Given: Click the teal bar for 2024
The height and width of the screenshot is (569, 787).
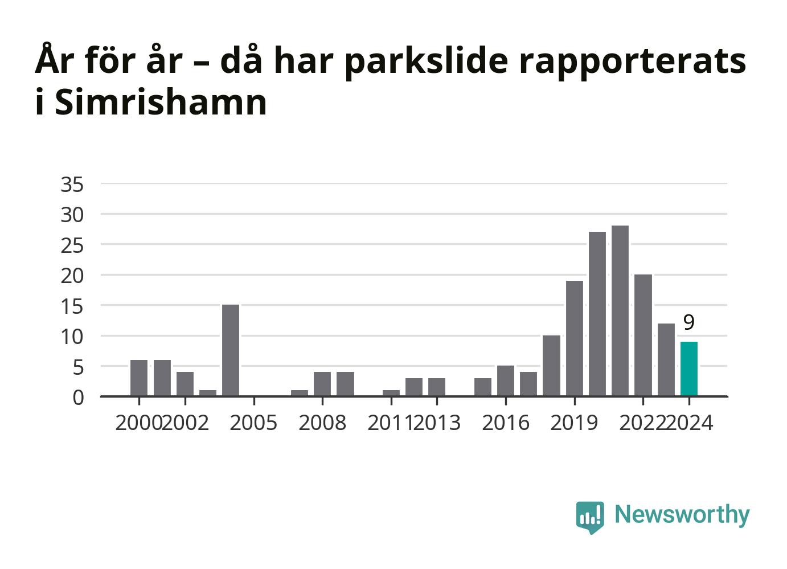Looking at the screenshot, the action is pos(689,369).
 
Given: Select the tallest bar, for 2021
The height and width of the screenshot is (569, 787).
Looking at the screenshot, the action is pos(620,310).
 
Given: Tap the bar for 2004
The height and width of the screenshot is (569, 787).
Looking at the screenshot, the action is pos(231,350).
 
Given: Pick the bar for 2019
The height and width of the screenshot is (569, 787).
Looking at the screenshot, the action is pos(575,338).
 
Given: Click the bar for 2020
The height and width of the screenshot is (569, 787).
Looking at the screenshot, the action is pos(597,314).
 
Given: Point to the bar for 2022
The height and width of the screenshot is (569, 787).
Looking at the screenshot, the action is pos(643,335).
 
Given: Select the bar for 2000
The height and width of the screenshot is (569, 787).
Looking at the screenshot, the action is pos(139,378).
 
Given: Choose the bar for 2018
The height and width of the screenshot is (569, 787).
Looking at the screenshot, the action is pos(551,366).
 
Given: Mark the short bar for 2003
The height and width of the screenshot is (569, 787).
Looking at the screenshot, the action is pos(208,393).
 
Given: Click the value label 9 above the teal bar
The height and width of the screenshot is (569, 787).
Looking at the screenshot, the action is pos(689,322).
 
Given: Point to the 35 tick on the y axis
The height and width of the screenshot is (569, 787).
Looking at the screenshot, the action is pos(72,185).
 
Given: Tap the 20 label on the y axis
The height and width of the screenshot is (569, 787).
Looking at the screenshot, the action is pos(72,276).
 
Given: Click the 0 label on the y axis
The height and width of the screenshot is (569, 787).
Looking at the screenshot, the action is pos(79,398).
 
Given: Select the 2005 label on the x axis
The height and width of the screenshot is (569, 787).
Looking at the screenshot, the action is pos(253,423).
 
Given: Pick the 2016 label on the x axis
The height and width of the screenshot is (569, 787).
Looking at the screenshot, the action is pos(506,423).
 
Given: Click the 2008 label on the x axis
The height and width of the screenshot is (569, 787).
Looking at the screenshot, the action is pos(322,423).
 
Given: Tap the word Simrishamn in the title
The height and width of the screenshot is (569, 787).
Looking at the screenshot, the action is pos(161,103).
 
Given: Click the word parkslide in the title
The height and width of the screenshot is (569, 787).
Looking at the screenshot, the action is pos(426,61).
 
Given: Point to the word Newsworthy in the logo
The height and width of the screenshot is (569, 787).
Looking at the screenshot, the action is pos(682,515).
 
